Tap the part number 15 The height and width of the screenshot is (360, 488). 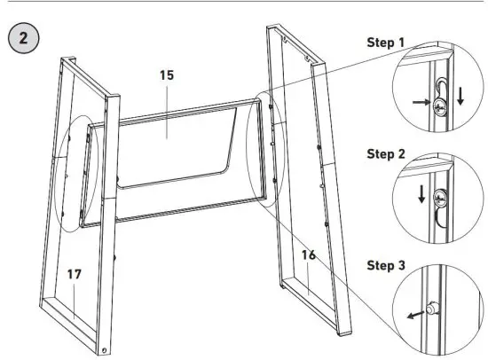tap(166, 76)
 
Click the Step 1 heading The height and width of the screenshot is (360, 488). tap(392, 43)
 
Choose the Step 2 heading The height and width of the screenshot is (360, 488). tap(392, 153)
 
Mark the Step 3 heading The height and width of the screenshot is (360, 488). tap(392, 266)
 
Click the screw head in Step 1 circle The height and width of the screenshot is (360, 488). tap(440, 105)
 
